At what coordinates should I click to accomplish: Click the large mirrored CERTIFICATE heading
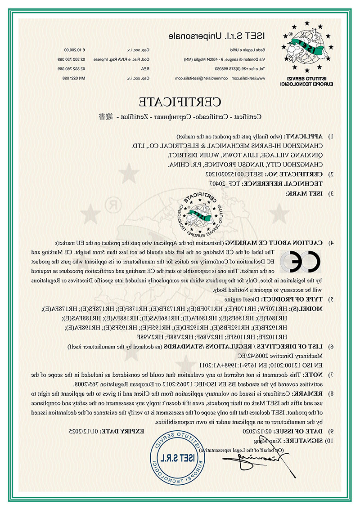click(x=180, y=101)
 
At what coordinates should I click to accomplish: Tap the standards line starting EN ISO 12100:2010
click(x=275, y=364)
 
